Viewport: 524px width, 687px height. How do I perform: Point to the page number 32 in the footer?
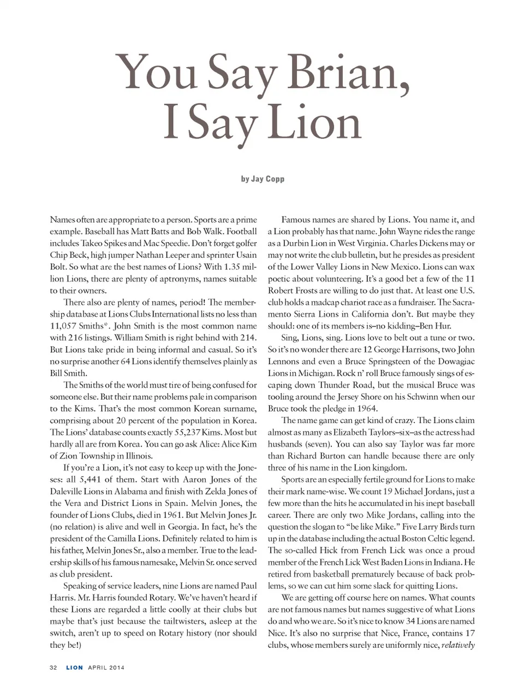click(x=53, y=667)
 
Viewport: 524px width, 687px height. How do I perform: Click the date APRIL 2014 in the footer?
click(x=106, y=667)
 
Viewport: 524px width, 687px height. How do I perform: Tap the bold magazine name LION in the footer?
click(x=75, y=667)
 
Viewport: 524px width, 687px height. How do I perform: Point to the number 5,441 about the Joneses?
click(x=90, y=480)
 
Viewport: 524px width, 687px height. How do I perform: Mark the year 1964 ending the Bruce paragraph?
click(x=367, y=409)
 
